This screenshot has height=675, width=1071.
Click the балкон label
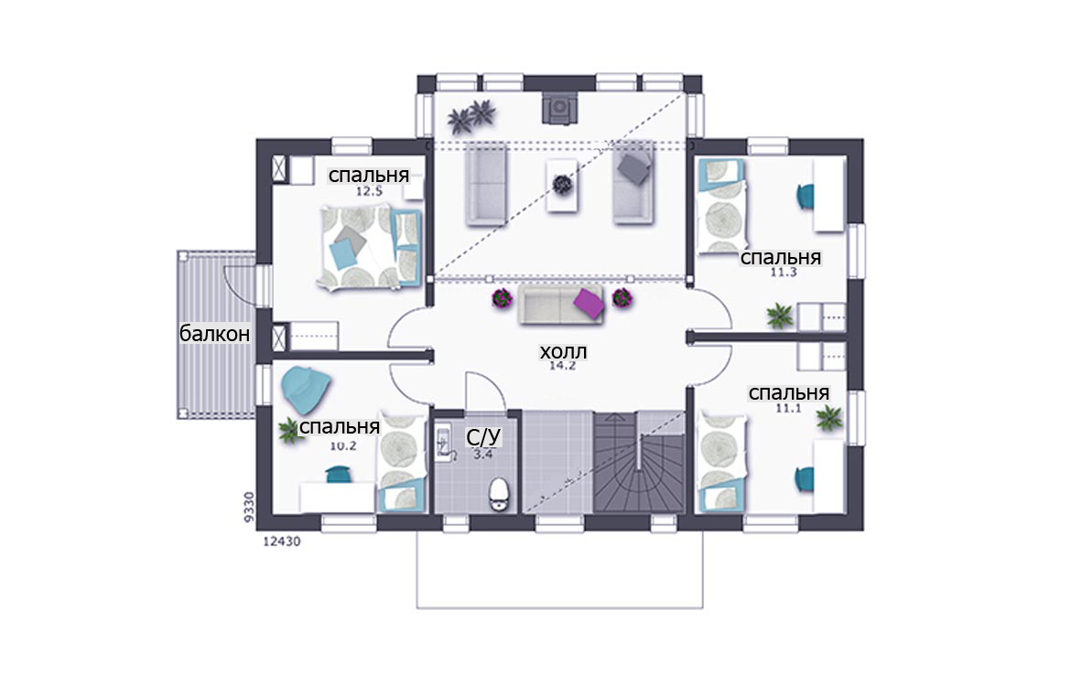[x=214, y=334]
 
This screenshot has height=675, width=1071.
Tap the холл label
[x=563, y=351]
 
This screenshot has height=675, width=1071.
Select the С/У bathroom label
[x=483, y=437]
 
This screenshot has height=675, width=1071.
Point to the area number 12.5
[x=369, y=192]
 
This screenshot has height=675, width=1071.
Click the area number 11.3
[x=784, y=273]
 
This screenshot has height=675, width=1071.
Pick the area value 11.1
[x=787, y=408]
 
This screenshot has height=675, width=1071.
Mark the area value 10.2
[x=343, y=445]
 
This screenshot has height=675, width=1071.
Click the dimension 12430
[x=281, y=541]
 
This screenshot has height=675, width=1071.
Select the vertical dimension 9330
[x=249, y=507]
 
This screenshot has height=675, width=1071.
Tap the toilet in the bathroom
[x=499, y=494]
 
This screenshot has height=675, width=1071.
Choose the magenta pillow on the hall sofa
[x=589, y=303]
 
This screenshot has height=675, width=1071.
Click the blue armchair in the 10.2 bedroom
[x=306, y=391]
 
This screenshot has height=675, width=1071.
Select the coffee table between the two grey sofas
[x=562, y=185]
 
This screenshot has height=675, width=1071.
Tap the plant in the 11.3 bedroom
[x=779, y=316]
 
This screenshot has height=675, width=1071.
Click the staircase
[x=639, y=462]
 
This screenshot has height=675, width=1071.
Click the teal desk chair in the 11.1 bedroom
[x=804, y=479]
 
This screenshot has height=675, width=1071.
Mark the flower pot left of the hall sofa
[x=502, y=298]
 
